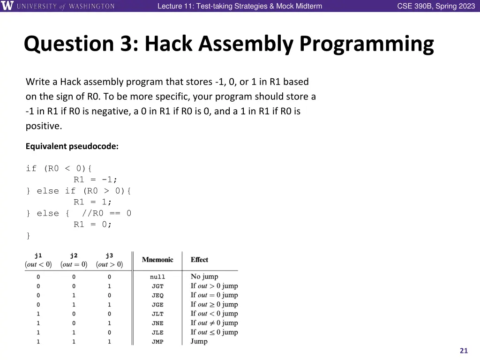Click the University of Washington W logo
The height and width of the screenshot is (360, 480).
pyautogui.click(x=7, y=6)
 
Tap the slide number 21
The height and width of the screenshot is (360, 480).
pyautogui.click(x=464, y=351)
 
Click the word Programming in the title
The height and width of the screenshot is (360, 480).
pyautogui.click(x=367, y=44)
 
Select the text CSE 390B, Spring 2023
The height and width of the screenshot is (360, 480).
pyautogui.click(x=436, y=6)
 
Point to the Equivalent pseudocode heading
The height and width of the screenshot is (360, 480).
pyautogui.click(x=72, y=146)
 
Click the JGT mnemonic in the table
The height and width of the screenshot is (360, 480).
pyautogui.click(x=157, y=286)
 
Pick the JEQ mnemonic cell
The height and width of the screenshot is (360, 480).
pyautogui.click(x=157, y=295)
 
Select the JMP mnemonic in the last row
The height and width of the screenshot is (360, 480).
pyautogui.click(x=157, y=342)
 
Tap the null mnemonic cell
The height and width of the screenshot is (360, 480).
pyautogui.click(x=157, y=277)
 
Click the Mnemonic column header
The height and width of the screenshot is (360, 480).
pyautogui.click(x=157, y=260)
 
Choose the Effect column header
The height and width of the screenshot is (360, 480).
pyautogui.click(x=199, y=260)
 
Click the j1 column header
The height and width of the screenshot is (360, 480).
pyautogui.click(x=38, y=255)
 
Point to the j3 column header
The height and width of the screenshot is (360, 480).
pyautogui.click(x=109, y=255)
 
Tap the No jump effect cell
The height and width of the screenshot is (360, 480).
pyautogui.click(x=204, y=277)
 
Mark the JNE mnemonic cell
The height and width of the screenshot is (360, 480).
pyautogui.click(x=157, y=323)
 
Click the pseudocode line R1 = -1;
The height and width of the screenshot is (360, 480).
pyautogui.click(x=96, y=180)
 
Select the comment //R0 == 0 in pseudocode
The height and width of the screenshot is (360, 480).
pyautogui.click(x=106, y=213)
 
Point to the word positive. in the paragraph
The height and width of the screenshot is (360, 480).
pyautogui.click(x=44, y=126)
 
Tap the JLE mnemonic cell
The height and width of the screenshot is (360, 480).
pyautogui.click(x=157, y=332)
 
